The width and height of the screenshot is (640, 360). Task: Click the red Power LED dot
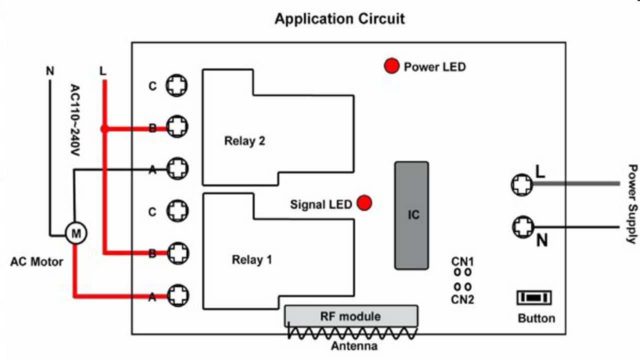tap(391, 66)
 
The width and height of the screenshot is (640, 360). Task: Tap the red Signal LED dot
tap(364, 202)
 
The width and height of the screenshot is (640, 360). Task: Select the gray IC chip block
tap(411, 215)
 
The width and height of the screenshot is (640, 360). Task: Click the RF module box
tap(351, 316)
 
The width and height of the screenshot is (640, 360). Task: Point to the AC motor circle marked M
tap(76, 233)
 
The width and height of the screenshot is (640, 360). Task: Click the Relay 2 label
tap(244, 141)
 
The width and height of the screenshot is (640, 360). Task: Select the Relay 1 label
tap(252, 260)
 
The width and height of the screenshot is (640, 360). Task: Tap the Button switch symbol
tap(534, 297)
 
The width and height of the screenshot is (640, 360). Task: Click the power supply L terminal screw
tap(521, 184)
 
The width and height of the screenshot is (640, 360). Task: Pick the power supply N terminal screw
tap(522, 227)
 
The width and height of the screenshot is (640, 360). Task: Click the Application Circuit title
tap(339, 19)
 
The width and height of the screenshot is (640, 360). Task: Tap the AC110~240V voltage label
tap(75, 119)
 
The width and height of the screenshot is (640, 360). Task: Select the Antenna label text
tap(354, 346)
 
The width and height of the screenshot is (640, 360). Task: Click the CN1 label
tap(462, 261)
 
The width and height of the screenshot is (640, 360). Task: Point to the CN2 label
tap(462, 299)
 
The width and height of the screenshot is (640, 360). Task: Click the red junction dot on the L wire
tap(104, 128)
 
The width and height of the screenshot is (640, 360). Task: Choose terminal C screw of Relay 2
tap(177, 86)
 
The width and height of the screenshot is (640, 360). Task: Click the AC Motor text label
tap(36, 261)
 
